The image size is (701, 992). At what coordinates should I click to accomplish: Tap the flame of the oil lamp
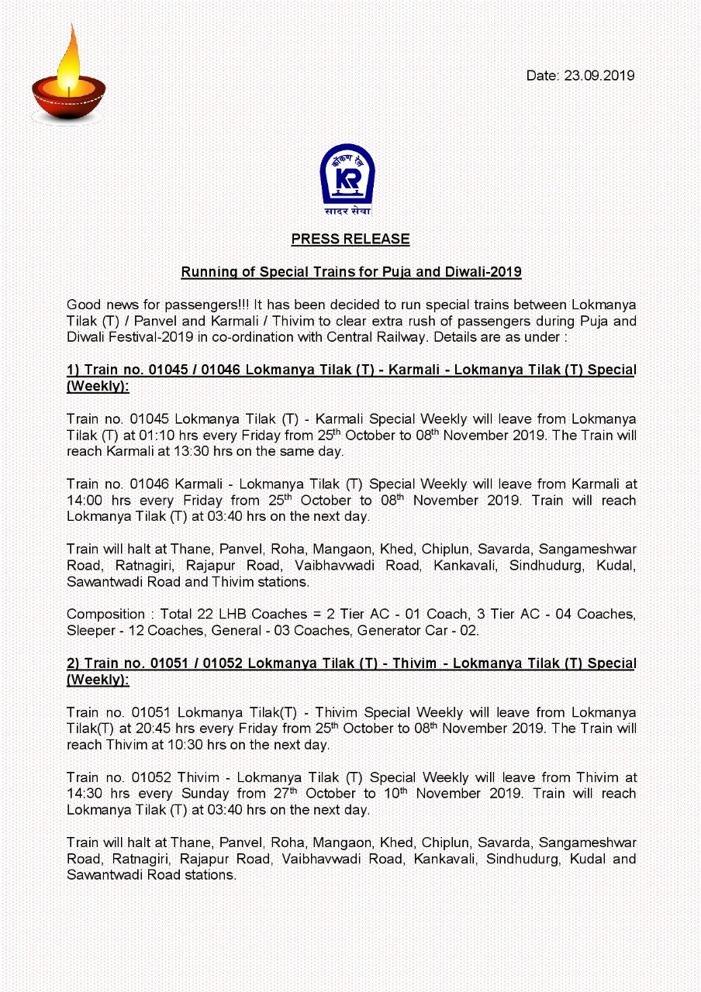pos(68,59)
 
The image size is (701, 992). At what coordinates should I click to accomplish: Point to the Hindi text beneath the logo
pos(347,212)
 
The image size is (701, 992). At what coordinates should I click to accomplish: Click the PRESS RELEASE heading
pos(350,239)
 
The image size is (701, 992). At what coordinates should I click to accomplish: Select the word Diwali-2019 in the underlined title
pos(487,273)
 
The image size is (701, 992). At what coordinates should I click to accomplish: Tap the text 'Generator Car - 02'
pos(417,631)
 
